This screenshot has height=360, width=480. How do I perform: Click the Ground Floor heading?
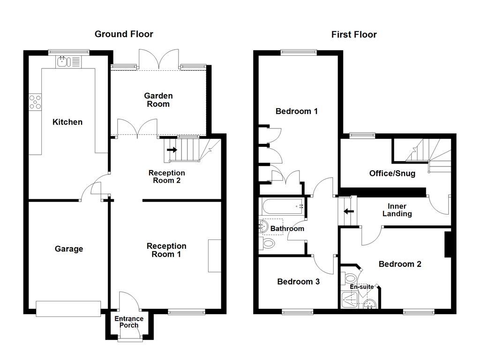coord(124,34)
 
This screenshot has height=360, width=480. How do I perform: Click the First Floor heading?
coord(354,34)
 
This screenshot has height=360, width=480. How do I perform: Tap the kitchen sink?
coord(68,61)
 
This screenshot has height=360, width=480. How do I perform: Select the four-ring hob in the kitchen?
coord(35,102)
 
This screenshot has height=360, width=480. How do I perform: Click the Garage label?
coord(69,249)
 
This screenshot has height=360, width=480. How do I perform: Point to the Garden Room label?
coord(158,100)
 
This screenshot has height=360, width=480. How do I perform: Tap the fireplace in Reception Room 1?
coord(214,255)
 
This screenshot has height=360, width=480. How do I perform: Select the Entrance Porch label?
coord(129,322)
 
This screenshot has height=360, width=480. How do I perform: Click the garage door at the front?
coord(68,308)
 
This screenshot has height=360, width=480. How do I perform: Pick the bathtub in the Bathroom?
coord(281,205)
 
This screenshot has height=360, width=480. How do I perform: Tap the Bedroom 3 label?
coord(298,282)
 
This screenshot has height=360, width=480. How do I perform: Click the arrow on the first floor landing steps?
coord(348,211)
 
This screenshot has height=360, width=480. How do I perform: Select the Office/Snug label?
coord(392,173)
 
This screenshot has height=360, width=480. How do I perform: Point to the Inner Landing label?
coord(397,210)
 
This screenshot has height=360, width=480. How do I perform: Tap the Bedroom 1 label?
coord(296,111)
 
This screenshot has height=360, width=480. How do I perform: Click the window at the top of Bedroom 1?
coord(298,52)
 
